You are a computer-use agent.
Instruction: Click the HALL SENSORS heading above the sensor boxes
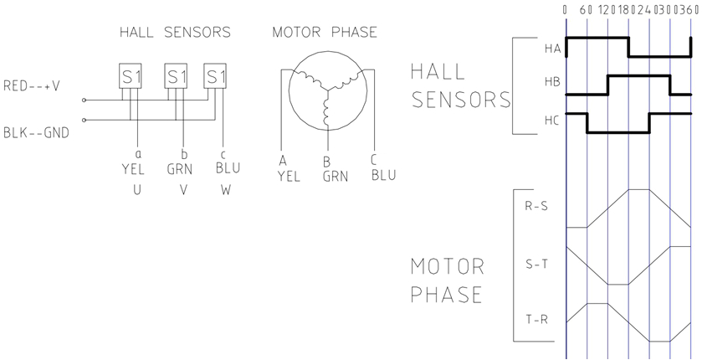coord(173,33)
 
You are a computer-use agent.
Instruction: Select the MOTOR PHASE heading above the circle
coord(325,33)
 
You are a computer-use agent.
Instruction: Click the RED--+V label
coord(32,85)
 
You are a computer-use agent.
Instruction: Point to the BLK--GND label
coord(36,132)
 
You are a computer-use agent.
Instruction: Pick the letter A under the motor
coord(283,161)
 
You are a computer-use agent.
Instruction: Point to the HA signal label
coord(552,49)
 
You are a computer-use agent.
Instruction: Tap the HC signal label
coord(552,120)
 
